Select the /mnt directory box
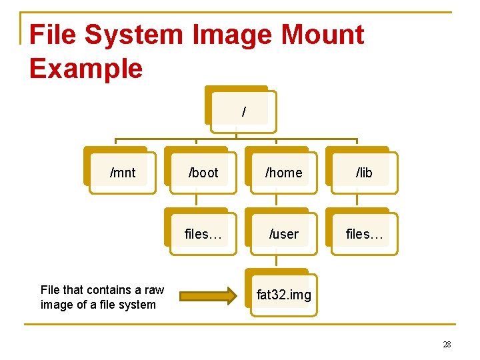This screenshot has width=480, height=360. [123, 173]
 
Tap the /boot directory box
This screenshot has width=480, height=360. [203, 173]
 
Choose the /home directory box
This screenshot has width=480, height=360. [284, 173]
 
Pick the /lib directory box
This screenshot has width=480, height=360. [364, 173]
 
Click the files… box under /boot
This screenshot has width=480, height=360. [203, 234]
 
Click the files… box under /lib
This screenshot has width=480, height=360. [364, 234]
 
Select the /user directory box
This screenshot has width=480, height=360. [284, 234]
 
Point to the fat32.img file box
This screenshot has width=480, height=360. [284, 295]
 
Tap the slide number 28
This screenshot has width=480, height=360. [447, 344]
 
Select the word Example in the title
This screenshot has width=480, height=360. [86, 68]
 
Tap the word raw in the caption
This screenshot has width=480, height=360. [154, 289]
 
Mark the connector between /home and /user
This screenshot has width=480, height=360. [277, 201]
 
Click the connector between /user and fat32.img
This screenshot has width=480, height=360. [277, 262]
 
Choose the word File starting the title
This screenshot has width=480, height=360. [53, 35]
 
